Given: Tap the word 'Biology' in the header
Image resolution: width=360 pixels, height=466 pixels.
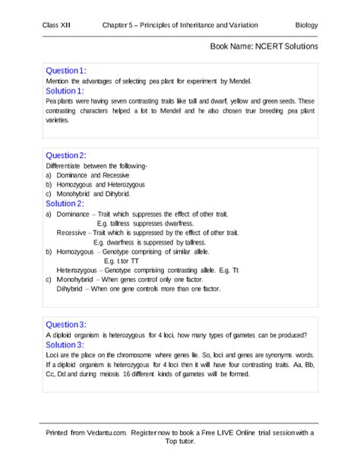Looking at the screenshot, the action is tap(307, 26).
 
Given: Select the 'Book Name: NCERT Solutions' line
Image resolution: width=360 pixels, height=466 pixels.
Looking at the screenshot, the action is tap(264, 46).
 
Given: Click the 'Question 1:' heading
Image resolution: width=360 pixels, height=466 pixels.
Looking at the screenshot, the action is tap(66, 71).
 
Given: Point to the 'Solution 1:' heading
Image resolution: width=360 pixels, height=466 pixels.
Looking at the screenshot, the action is tap(65, 90).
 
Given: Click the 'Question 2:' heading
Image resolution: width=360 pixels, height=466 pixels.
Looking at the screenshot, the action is tap(66, 155).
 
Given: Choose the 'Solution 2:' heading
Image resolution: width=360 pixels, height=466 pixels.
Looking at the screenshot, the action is tap(65, 204).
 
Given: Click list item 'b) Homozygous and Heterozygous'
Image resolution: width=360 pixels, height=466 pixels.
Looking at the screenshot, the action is tap(96, 185).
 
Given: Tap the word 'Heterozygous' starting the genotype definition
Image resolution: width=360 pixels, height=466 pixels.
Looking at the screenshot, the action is tap(77, 271).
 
